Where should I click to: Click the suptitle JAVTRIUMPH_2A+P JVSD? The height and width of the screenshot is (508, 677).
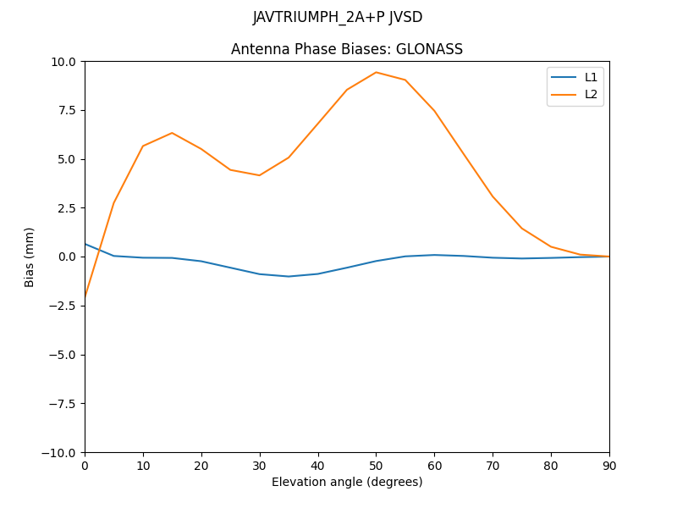pyautogui.click(x=338, y=17)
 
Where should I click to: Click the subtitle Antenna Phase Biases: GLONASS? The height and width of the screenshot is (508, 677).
pyautogui.click(x=347, y=49)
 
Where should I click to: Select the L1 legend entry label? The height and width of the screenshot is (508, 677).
pyautogui.click(x=591, y=77)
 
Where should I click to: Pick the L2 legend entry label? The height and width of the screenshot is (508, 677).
pyautogui.click(x=591, y=94)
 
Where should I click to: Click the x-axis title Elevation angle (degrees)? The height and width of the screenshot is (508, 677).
pyautogui.click(x=347, y=482)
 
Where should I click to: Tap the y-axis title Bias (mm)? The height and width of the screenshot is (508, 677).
pyautogui.click(x=30, y=257)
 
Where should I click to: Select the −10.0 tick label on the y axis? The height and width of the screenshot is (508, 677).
pyautogui.click(x=61, y=452)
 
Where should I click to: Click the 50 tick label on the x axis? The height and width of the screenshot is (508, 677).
pyautogui.click(x=376, y=465)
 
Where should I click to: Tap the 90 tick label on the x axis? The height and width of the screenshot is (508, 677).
pyautogui.click(x=609, y=465)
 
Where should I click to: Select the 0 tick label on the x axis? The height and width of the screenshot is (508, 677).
pyautogui.click(x=85, y=465)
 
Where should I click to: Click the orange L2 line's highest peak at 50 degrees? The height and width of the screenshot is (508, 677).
pyautogui.click(x=376, y=72)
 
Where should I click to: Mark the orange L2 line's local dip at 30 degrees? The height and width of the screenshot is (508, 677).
pyautogui.click(x=260, y=175)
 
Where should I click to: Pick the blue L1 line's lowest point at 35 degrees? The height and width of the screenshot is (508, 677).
pyautogui.click(x=289, y=276)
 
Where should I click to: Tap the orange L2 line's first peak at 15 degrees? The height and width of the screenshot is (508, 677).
pyautogui.click(x=172, y=133)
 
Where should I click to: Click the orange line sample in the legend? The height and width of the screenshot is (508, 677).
pyautogui.click(x=564, y=94)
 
